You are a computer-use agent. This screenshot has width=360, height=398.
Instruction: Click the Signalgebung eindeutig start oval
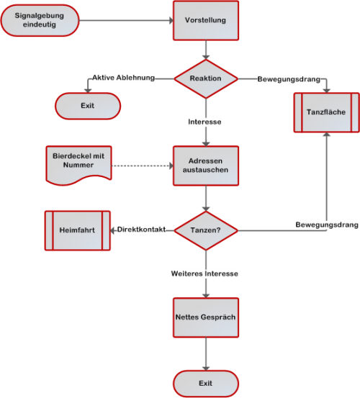pyautogui.click(x=40, y=20)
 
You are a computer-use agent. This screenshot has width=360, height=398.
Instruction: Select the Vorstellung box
pyautogui.click(x=206, y=20)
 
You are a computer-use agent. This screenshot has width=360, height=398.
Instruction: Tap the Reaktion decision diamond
pyautogui.click(x=206, y=78)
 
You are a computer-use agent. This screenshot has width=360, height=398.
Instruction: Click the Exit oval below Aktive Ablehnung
pyautogui.click(x=88, y=106)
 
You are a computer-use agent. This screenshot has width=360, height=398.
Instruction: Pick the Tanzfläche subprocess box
pyautogui.click(x=326, y=112)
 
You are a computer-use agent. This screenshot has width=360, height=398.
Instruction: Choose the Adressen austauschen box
pyautogui.click(x=206, y=166)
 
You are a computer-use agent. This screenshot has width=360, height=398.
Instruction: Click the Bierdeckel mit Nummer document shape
pyautogui.click(x=78, y=165)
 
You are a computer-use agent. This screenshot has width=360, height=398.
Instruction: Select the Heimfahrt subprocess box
pyautogui.click(x=78, y=230)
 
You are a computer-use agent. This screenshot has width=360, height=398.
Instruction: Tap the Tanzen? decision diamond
pyautogui.click(x=206, y=230)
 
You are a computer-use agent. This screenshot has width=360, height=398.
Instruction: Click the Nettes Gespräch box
pyautogui.click(x=206, y=317)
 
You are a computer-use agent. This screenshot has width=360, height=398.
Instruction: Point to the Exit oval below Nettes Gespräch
pyautogui.click(x=206, y=384)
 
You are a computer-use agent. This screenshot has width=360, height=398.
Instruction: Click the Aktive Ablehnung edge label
pyautogui.click(x=123, y=78)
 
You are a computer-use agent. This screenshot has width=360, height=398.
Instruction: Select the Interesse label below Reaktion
pyautogui.click(x=204, y=122)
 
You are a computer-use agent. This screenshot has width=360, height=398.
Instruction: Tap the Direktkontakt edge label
pyautogui.click(x=141, y=230)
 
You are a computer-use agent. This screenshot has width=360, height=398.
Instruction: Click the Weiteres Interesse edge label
pyautogui.click(x=204, y=273)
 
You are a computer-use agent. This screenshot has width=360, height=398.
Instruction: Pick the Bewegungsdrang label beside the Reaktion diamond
pyautogui.click(x=289, y=79)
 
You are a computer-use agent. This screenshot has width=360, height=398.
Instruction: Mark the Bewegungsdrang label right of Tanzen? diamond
pyautogui.click(x=327, y=225)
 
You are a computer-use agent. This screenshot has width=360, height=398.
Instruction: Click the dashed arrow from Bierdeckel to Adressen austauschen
pyautogui.click(x=143, y=166)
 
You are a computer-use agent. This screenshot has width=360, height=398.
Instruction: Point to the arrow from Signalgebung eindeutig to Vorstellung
pyautogui.click(x=126, y=21)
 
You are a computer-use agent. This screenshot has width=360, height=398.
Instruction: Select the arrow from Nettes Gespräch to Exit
pyautogui.click(x=206, y=354)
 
